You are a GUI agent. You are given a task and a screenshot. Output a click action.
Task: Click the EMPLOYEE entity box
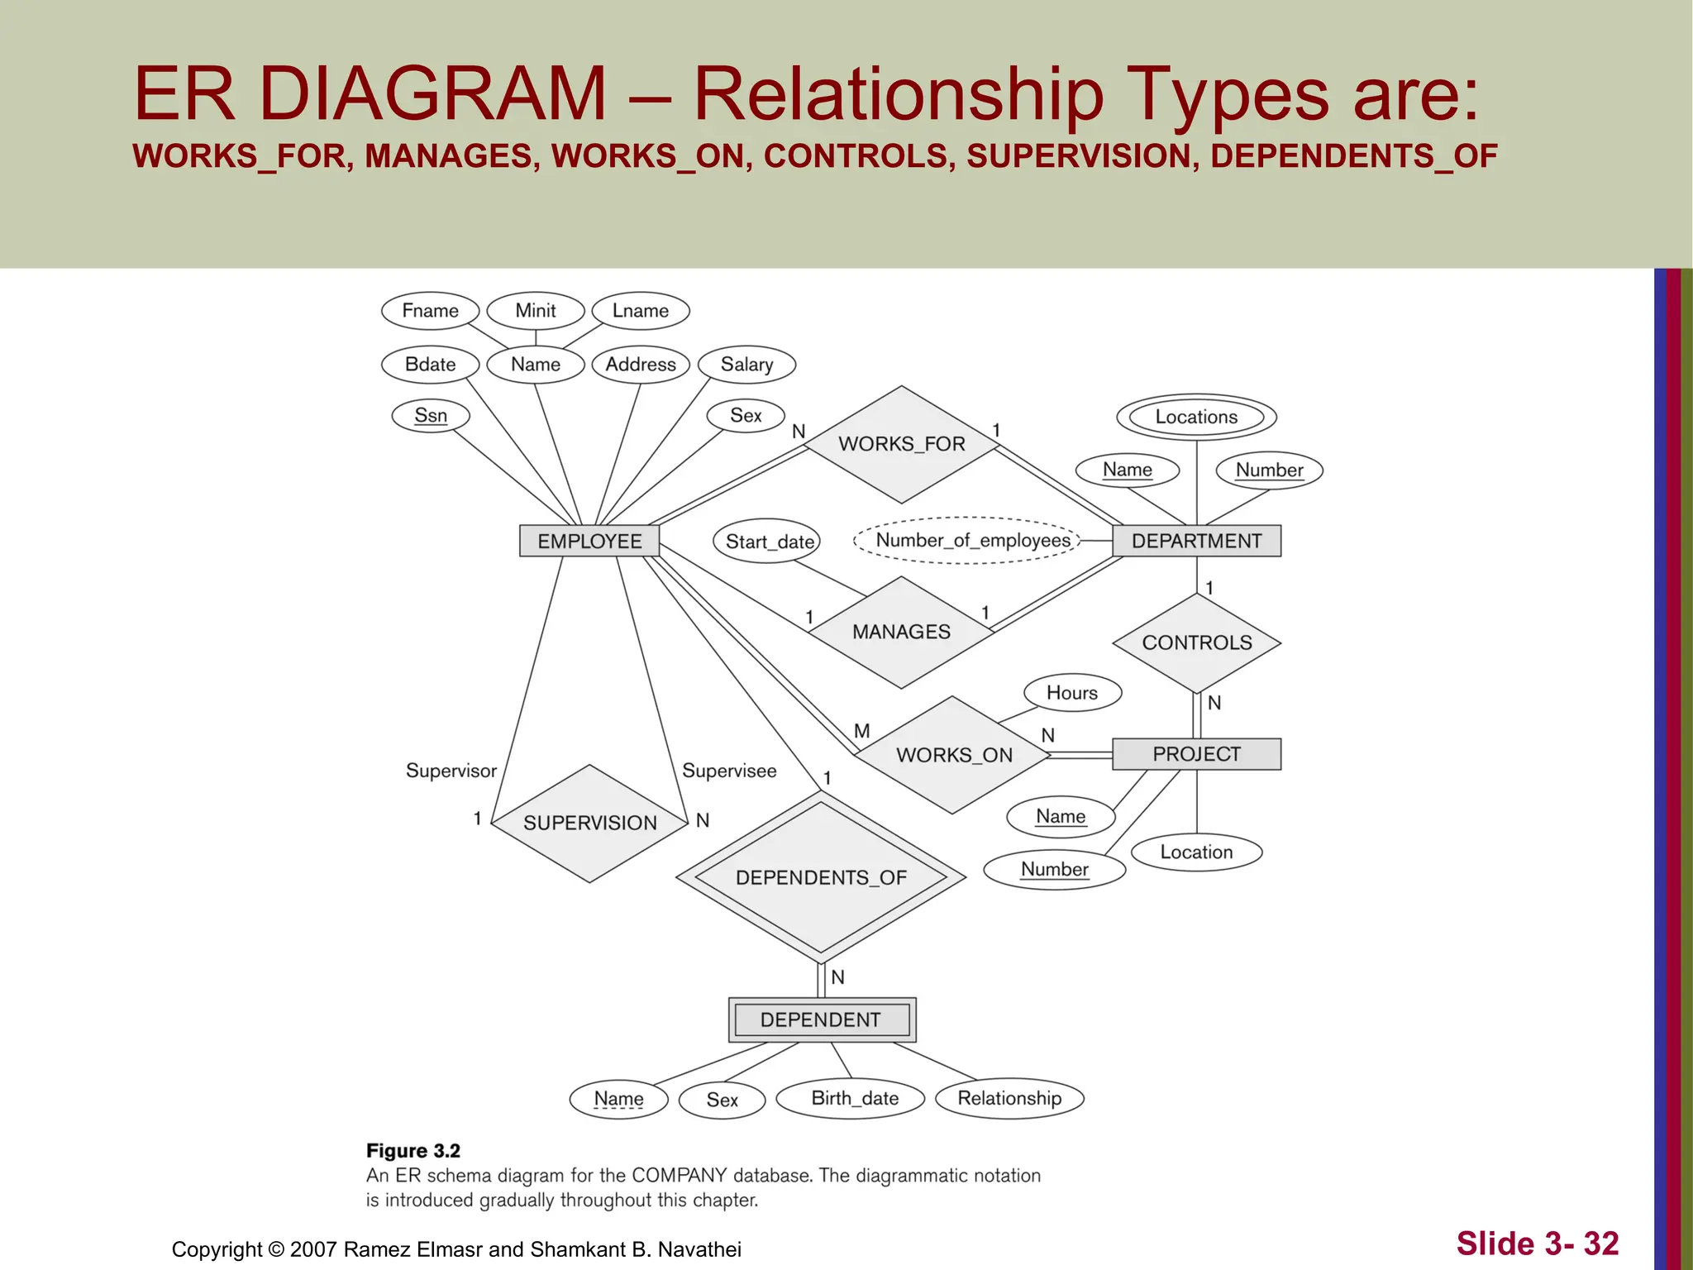pyautogui.click(x=589, y=541)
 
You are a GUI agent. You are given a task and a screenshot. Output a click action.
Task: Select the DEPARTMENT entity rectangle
pyautogui.click(x=1196, y=541)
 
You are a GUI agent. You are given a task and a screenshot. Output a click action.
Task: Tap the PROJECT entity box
pyautogui.click(x=1196, y=754)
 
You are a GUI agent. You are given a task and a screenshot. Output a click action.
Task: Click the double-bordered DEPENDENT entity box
pyautogui.click(x=821, y=1019)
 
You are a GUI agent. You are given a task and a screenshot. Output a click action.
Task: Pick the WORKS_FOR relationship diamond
pyautogui.click(x=901, y=444)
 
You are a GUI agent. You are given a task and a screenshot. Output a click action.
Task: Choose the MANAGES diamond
pyautogui.click(x=901, y=632)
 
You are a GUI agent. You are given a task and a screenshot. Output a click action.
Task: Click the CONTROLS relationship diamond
pyautogui.click(x=1196, y=642)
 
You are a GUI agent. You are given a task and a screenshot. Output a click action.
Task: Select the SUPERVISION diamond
pyautogui.click(x=589, y=823)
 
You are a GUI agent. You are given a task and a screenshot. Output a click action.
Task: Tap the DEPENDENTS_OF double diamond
pyautogui.click(x=821, y=877)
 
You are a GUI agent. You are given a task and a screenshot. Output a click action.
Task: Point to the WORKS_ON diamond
pyautogui.click(x=953, y=755)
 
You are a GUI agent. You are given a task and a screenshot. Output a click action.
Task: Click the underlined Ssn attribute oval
pyautogui.click(x=431, y=415)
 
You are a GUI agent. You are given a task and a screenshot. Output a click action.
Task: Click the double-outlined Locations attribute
pyautogui.click(x=1196, y=417)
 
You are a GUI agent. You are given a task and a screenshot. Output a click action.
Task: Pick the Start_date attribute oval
pyautogui.click(x=768, y=542)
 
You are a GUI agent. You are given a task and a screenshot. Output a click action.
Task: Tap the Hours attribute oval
pyautogui.click(x=1072, y=693)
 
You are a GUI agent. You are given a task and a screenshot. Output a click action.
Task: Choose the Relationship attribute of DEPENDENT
pyautogui.click(x=1009, y=1098)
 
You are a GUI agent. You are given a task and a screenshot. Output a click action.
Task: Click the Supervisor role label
pyautogui.click(x=451, y=771)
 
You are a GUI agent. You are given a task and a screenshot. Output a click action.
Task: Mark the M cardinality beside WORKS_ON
pyautogui.click(x=861, y=731)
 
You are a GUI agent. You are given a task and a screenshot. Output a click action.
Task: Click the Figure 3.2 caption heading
pyautogui.click(x=413, y=1151)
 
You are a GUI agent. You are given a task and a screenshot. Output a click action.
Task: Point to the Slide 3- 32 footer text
pyautogui.click(x=1537, y=1244)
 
